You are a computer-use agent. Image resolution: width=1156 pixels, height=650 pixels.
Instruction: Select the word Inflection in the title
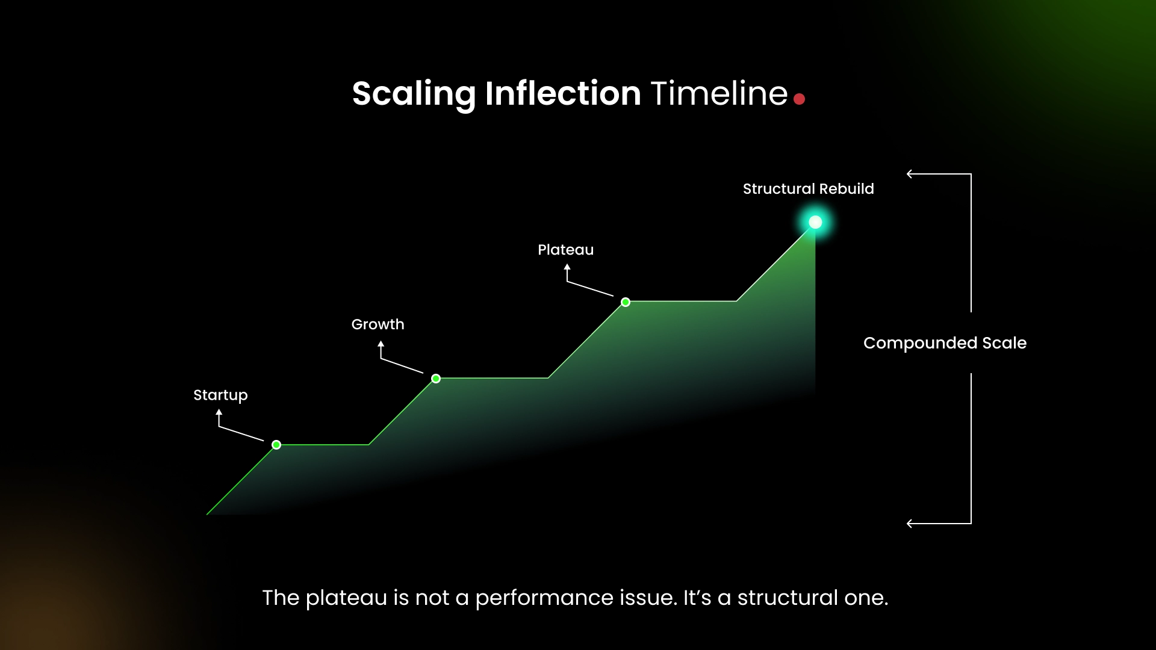(563, 94)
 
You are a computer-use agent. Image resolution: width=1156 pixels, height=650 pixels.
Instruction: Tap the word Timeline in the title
(719, 94)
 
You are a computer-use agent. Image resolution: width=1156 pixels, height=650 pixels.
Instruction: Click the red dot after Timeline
(799, 99)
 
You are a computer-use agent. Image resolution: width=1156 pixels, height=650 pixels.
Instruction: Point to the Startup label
(220, 395)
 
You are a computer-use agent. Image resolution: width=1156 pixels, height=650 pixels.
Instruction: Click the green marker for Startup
(276, 445)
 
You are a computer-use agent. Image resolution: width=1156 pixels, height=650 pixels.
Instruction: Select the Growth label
(378, 324)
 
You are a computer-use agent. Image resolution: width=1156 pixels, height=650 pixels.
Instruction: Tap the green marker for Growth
(436, 379)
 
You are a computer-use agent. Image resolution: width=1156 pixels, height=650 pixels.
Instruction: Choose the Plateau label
(565, 250)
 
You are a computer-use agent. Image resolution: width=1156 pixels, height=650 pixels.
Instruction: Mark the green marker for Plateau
(626, 302)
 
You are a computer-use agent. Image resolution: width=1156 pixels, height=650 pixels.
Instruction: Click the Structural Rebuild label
(808, 189)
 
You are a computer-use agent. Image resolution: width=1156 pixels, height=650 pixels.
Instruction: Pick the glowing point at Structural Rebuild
(815, 223)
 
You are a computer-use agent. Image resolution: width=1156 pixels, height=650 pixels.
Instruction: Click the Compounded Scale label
(945, 343)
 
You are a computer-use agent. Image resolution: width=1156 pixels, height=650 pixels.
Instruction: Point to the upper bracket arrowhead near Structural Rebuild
(910, 175)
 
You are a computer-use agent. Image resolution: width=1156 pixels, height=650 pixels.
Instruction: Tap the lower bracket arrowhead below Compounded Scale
(910, 524)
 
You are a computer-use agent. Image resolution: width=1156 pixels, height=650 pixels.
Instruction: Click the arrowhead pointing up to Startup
(219, 412)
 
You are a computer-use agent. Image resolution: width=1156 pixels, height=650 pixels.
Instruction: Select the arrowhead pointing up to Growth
(381, 344)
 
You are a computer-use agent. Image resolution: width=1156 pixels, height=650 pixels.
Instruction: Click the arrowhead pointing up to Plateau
(567, 267)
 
